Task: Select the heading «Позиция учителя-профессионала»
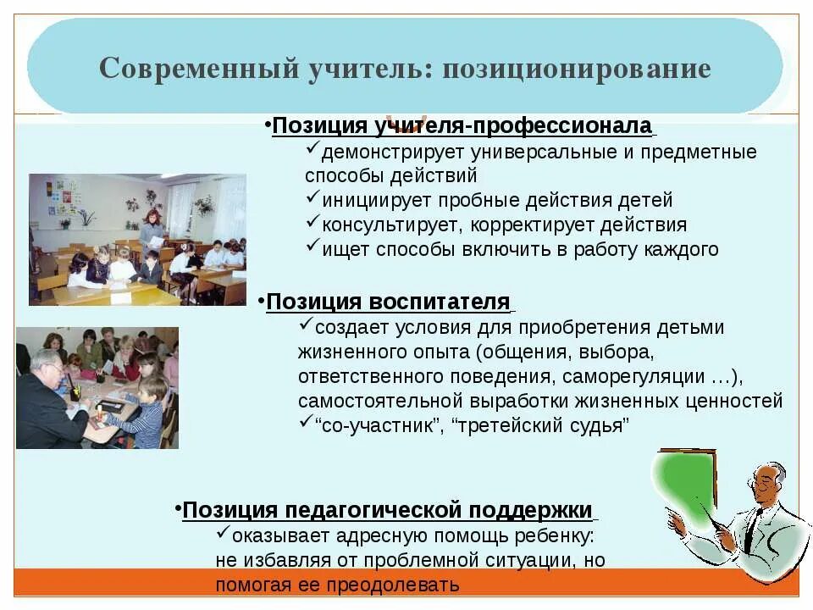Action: point(462,126)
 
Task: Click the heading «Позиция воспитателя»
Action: point(389,302)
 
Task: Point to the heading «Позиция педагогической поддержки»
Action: point(387,510)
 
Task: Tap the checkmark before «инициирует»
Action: point(312,200)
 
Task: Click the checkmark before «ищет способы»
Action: point(312,248)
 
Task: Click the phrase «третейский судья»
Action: point(542,425)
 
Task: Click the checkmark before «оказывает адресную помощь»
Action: point(223,535)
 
